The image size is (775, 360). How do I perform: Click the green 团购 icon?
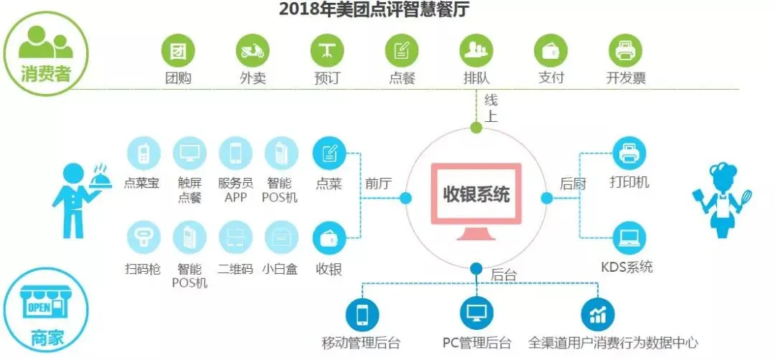coord(178,50)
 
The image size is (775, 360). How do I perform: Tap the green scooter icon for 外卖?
coord(253,50)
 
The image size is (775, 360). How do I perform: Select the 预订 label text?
coord(327,78)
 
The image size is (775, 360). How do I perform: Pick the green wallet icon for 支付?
coord(551,50)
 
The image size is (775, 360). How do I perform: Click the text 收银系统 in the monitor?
coord(476,194)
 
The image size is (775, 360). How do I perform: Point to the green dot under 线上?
coord(476,128)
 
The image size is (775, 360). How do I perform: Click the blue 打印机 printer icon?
coord(629,153)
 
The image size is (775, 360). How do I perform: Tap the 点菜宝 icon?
coord(143,153)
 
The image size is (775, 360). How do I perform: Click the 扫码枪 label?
coord(143,269)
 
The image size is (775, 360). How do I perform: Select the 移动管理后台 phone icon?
coord(362,313)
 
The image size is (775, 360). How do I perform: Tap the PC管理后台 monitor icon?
coord(477,313)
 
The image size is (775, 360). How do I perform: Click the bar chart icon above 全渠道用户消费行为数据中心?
coord(598,313)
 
